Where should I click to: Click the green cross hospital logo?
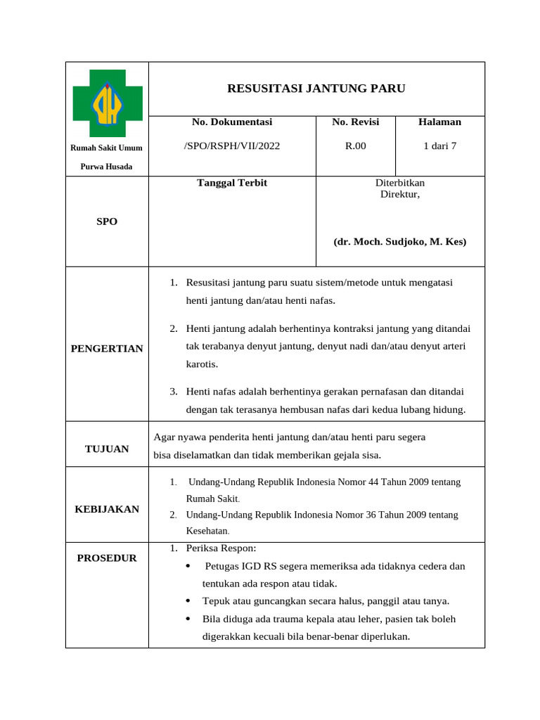click(x=108, y=103)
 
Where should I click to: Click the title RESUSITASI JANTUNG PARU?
click(x=316, y=88)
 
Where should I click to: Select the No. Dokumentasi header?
click(x=232, y=122)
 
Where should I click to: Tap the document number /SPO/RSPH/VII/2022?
click(x=232, y=146)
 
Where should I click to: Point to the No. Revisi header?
click(x=356, y=122)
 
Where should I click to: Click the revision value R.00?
click(x=355, y=146)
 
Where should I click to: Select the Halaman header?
click(x=439, y=122)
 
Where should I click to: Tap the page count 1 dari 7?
click(x=439, y=146)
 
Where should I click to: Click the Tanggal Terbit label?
click(x=232, y=183)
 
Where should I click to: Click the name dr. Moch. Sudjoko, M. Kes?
click(x=399, y=241)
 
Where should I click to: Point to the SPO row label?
click(x=107, y=221)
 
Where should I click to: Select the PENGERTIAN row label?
click(x=107, y=349)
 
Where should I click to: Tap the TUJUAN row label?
click(x=107, y=449)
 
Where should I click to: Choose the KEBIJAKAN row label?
click(x=107, y=509)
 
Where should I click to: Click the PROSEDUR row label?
click(x=107, y=558)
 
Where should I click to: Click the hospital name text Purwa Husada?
click(x=107, y=167)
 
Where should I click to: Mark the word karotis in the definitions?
click(x=202, y=364)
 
